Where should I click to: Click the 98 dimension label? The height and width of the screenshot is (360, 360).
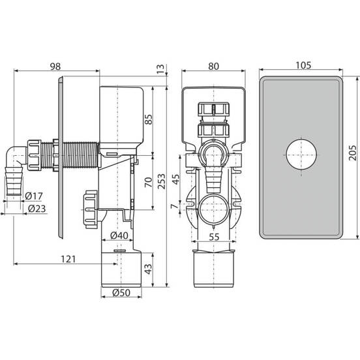point(55,67)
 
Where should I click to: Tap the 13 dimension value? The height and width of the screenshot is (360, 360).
point(161,69)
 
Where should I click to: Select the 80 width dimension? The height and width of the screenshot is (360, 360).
point(213,66)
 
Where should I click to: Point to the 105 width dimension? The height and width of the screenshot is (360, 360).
point(303,65)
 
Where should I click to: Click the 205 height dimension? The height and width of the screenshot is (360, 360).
point(352,153)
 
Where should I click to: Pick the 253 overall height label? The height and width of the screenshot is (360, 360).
point(161,181)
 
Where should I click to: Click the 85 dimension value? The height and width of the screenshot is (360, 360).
point(149,119)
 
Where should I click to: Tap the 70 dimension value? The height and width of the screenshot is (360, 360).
point(149,182)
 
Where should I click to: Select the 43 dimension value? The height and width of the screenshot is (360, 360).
point(148,269)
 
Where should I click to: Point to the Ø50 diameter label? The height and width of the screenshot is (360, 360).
point(121,293)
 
